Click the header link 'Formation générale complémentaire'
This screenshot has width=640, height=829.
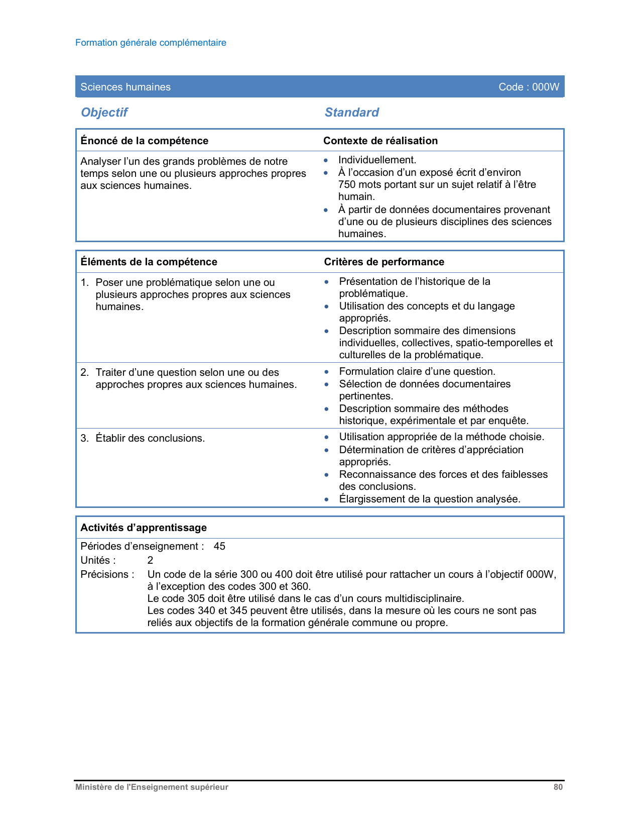tap(151, 43)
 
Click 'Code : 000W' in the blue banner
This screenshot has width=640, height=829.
tap(529, 87)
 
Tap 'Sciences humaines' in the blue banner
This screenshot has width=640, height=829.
tap(125, 87)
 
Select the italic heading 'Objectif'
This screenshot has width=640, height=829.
tap(104, 112)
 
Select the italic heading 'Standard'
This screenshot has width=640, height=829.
tap(351, 112)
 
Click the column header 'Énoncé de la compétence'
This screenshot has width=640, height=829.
tap(144, 141)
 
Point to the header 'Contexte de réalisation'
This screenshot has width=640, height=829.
tap(380, 141)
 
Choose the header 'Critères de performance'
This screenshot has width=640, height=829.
tap(384, 262)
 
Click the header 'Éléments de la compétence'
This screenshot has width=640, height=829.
tap(149, 262)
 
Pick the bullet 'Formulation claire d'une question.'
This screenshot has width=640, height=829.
tap(417, 371)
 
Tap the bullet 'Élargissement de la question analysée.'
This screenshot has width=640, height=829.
tap(430, 499)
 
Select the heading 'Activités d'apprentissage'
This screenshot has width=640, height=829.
tap(144, 528)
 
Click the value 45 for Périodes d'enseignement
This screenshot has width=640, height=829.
tap(219, 546)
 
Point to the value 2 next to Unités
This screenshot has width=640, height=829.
tap(150, 560)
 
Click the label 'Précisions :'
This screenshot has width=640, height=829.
tap(107, 574)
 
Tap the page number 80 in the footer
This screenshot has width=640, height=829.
tap(558, 787)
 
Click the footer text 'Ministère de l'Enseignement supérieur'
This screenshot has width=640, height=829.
tap(152, 787)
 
